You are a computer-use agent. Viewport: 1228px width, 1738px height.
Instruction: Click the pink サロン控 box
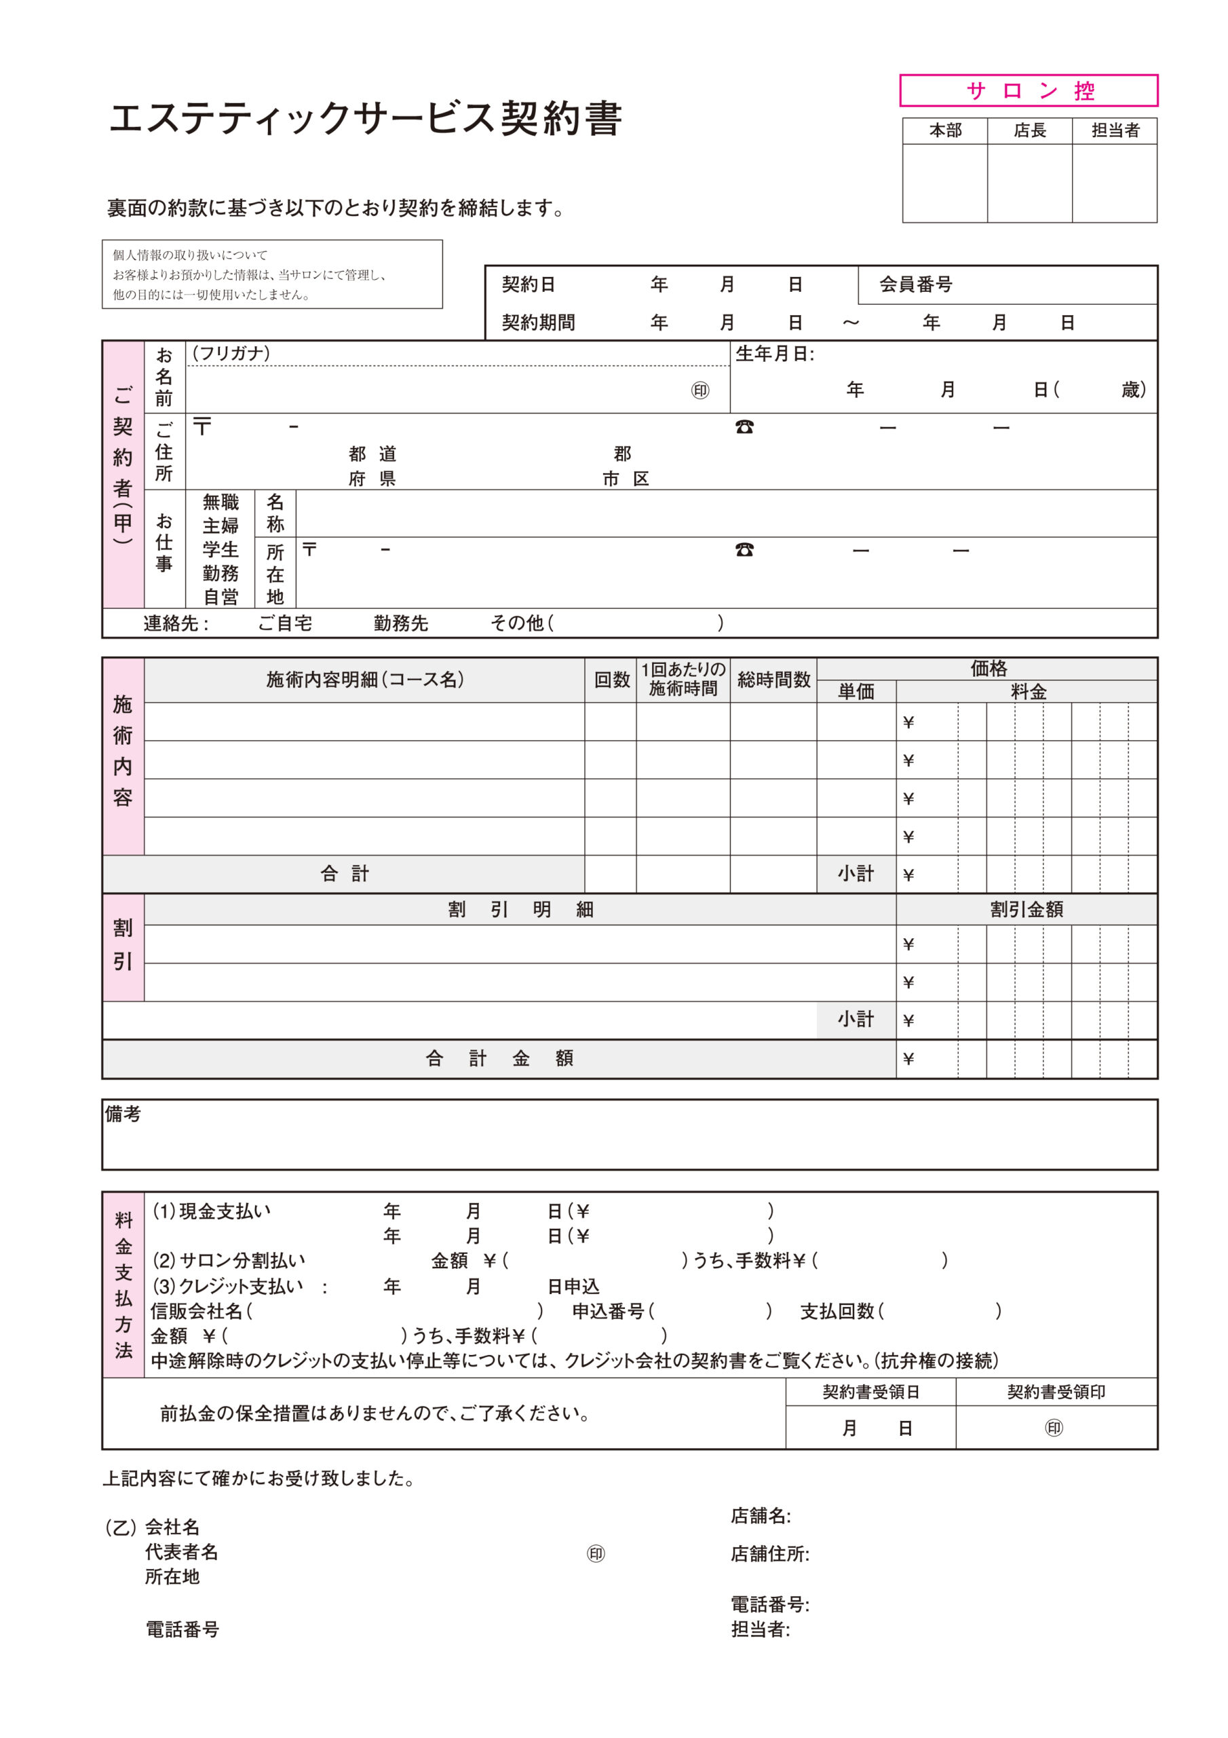click(1029, 91)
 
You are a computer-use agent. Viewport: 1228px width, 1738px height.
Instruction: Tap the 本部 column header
click(945, 131)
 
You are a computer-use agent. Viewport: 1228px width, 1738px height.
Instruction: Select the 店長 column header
click(1030, 131)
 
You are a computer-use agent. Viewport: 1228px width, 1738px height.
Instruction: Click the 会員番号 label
click(915, 284)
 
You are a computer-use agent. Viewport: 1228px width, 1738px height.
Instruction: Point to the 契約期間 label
click(538, 322)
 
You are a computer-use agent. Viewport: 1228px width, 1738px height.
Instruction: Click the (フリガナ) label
click(231, 354)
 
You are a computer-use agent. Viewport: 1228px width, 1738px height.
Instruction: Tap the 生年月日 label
click(774, 354)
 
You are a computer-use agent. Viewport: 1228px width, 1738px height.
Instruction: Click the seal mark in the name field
click(700, 390)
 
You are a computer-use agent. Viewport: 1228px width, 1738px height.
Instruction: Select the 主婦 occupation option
click(220, 525)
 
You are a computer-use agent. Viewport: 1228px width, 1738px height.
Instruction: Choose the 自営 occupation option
click(220, 597)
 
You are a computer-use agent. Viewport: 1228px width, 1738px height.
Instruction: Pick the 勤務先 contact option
click(401, 623)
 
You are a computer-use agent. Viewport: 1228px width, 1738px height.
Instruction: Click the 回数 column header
click(611, 680)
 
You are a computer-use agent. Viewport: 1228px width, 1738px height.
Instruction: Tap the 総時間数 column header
click(773, 680)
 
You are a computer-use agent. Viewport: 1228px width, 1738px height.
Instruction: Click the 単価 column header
click(856, 691)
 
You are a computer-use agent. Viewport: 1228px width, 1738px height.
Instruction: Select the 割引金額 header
click(1026, 909)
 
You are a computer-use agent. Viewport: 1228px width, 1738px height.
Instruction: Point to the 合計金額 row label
click(499, 1058)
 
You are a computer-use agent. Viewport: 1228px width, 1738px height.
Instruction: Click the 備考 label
click(123, 1113)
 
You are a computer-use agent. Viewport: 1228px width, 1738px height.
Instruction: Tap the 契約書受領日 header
click(870, 1391)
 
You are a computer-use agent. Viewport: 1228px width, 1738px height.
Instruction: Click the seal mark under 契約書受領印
click(1054, 1428)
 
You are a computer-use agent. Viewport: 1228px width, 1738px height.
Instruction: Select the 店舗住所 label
click(769, 1554)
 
